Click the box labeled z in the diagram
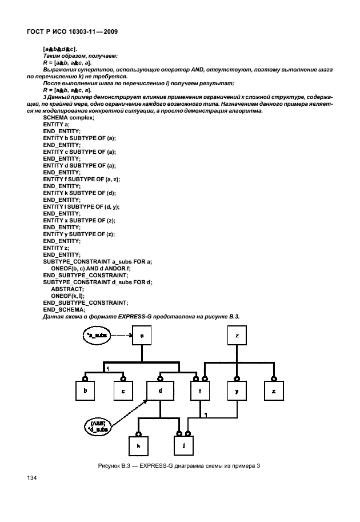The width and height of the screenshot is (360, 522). coord(237,336)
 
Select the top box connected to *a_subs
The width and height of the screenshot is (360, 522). coord(141,336)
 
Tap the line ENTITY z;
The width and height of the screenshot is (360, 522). coord(56,248)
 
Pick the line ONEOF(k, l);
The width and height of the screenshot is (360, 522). coord(67,296)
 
